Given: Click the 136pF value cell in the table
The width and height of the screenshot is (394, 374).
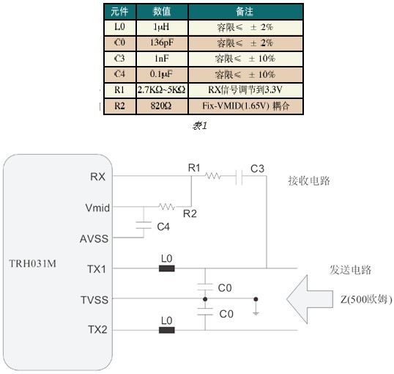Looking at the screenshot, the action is coord(162,43).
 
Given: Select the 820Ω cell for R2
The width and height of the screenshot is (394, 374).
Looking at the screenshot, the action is coord(161,106).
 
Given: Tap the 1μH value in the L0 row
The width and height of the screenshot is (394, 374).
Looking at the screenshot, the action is coord(161,27).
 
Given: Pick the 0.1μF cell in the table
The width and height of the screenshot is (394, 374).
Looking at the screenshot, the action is coord(161,74).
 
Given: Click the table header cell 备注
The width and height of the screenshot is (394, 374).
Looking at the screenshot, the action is coord(245,12).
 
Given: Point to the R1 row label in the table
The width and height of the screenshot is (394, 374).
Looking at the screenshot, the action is coord(119,90).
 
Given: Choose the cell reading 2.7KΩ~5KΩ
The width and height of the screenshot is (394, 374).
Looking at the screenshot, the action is coord(162,90).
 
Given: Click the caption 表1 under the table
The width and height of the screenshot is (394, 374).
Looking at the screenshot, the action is coord(200,125).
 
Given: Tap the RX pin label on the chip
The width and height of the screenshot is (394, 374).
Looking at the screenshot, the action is coord(97,177).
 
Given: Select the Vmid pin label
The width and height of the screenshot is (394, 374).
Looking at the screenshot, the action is coord(97,208).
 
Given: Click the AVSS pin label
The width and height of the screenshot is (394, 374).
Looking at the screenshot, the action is coord(94,239).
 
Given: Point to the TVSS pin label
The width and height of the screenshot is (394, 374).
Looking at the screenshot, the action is coord(94,300).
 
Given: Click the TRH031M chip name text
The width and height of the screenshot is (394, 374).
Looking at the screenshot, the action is coord(33,263).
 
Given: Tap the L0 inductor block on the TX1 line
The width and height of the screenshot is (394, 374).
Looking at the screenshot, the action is coord(167,268).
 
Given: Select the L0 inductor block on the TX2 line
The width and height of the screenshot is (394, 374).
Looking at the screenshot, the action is coord(167,330).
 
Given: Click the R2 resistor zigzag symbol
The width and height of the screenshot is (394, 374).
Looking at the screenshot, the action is coord(167,207).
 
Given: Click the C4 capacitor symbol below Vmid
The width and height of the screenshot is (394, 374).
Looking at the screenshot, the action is coord(144,225).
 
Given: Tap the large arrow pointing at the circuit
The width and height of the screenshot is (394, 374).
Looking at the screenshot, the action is coord(310,299).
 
